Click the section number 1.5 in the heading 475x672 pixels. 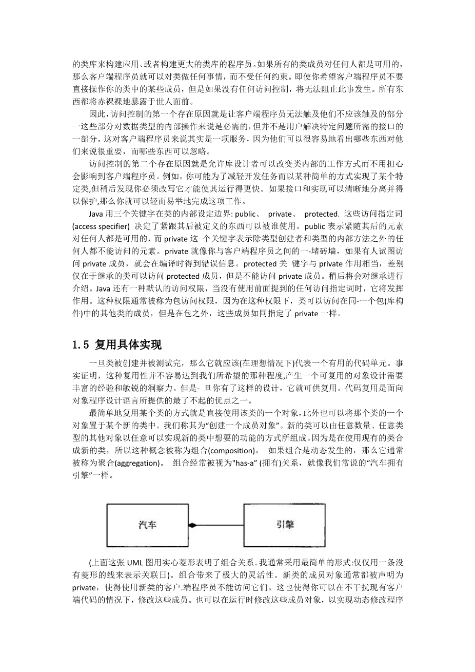82,344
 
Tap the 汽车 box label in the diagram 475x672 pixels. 148,525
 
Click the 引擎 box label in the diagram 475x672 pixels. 285,525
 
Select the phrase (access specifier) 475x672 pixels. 102,226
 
